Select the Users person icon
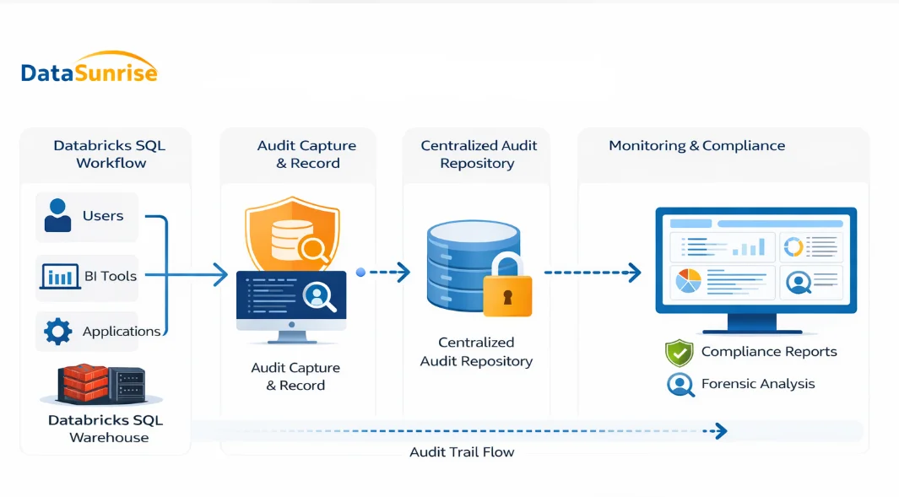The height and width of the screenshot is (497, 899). [x=57, y=215]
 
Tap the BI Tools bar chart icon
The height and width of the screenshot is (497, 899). [x=59, y=276]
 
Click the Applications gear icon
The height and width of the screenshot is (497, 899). [x=57, y=331]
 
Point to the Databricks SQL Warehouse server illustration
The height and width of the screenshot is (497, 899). [x=101, y=384]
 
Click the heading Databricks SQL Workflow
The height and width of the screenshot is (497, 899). [x=110, y=154]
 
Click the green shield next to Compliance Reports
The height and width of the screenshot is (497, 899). [x=679, y=353]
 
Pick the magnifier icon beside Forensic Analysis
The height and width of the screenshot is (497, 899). [x=679, y=384]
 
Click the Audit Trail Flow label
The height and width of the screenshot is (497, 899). [x=462, y=452]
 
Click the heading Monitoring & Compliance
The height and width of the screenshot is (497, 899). [x=696, y=146]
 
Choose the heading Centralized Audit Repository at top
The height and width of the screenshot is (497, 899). [x=479, y=154]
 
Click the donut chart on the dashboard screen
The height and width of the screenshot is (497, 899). [x=793, y=246]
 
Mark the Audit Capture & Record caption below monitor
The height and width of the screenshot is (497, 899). [x=295, y=376]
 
